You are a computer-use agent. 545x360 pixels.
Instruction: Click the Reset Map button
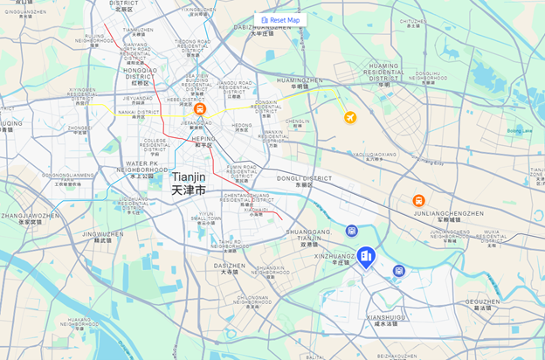tap(280, 19)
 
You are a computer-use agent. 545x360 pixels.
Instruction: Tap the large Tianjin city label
tap(189, 183)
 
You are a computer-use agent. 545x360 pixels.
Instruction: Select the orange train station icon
tap(200, 109)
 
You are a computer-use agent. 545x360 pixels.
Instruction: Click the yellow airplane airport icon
tap(350, 117)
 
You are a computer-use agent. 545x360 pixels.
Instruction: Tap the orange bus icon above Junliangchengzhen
tap(419, 201)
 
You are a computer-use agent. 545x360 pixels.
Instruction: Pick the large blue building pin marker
tap(366, 256)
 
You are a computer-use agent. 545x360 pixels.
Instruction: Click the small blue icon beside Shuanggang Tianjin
tap(352, 231)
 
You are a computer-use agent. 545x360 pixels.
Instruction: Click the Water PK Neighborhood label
tap(141, 166)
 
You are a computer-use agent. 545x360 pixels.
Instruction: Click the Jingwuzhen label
tap(103, 234)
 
